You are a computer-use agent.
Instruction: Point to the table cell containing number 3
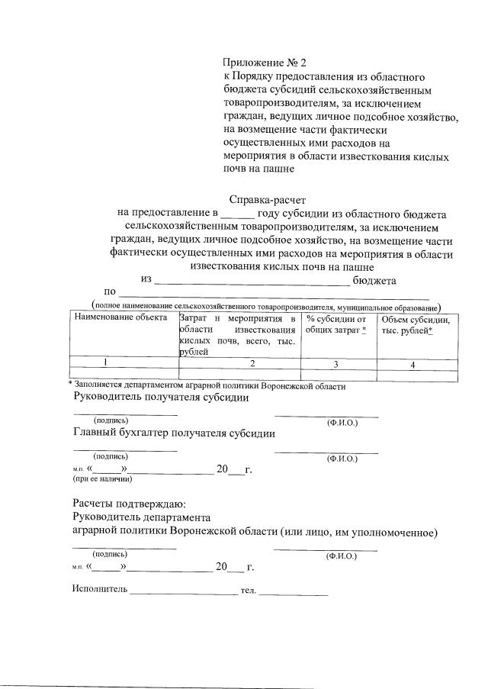click(x=335, y=365)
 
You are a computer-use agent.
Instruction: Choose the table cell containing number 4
click(x=413, y=365)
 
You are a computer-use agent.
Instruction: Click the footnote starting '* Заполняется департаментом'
click(x=207, y=386)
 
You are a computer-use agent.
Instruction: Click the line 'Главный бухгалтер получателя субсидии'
click(x=174, y=433)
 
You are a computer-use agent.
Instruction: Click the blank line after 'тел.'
click(x=294, y=591)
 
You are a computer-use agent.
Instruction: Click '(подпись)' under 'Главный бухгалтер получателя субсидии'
click(x=111, y=456)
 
